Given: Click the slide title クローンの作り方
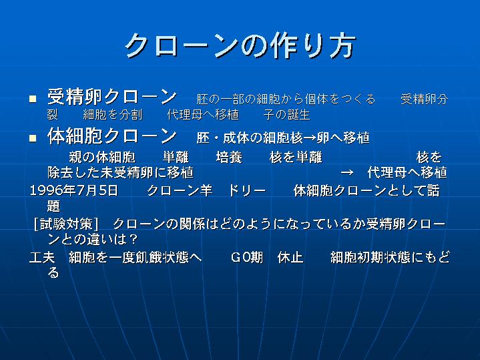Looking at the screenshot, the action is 240,45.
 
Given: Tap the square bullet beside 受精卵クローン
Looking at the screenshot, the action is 33,99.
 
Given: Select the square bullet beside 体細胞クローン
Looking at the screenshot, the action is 33,138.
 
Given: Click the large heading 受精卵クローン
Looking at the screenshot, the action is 111,97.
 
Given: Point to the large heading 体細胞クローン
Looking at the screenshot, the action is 111,136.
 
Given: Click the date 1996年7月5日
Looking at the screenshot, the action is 73,190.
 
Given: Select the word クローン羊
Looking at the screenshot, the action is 180,190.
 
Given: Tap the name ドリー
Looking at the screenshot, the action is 247,190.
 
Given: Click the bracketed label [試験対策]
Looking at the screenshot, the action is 66,224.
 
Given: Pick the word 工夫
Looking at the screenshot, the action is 42,257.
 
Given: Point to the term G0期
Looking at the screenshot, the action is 247,257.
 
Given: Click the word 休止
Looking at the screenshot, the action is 290,257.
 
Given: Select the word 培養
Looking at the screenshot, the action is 229,157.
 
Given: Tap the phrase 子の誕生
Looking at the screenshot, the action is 286,115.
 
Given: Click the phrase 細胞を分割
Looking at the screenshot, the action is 113,115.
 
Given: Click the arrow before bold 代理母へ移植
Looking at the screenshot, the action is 347,172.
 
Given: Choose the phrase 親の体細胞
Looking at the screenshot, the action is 102,157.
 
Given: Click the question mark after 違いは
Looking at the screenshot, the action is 134,239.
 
